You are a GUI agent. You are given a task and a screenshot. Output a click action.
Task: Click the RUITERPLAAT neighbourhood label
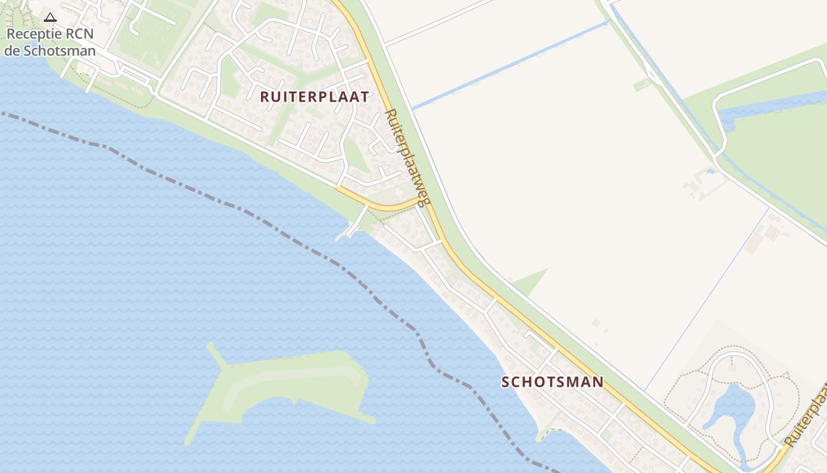[x=315, y=97]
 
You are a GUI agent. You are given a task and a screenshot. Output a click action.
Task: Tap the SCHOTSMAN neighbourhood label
[x=552, y=382]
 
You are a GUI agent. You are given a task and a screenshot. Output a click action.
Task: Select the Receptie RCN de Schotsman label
[x=50, y=42]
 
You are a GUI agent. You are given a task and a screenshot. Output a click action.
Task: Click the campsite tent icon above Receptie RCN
[x=50, y=18]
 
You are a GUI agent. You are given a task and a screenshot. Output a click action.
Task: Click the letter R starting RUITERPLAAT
[x=265, y=97]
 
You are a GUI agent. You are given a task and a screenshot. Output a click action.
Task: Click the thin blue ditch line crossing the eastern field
[x=709, y=296]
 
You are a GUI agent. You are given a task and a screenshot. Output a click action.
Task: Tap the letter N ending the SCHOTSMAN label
[x=598, y=382]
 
